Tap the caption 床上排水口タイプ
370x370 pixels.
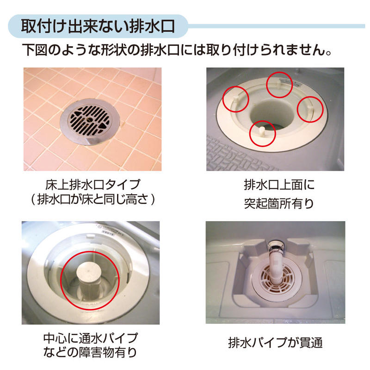click(x=92, y=185)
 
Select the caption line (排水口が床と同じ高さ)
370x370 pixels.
click(x=92, y=199)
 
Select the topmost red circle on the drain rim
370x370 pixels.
click(x=279, y=85)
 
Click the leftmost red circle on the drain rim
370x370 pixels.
click(x=236, y=99)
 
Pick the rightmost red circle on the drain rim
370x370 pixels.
click(x=309, y=109)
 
